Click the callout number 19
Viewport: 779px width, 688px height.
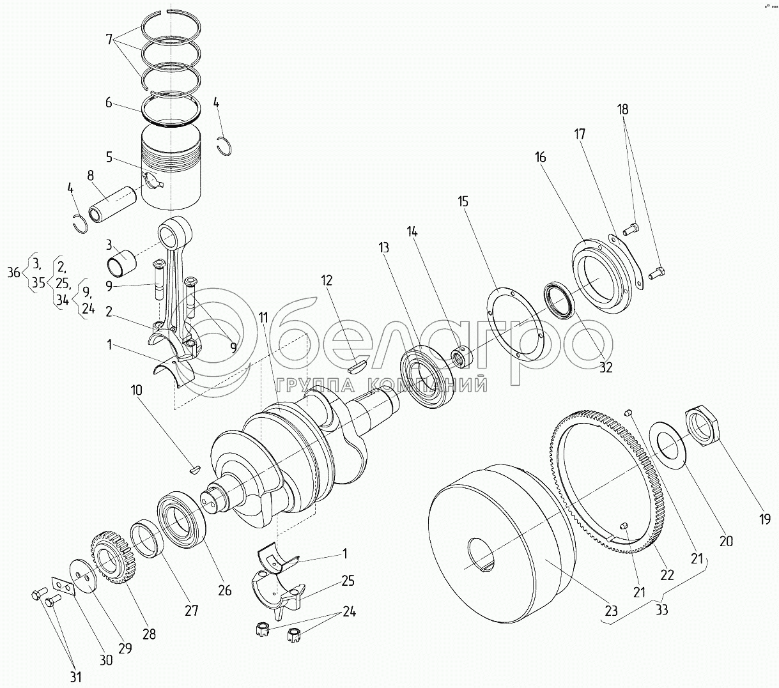(x=765, y=519)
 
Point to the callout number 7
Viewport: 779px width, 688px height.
(x=109, y=39)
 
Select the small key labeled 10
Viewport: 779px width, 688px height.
(x=196, y=470)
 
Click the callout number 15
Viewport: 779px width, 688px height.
(x=463, y=201)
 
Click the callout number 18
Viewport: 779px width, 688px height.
(x=622, y=109)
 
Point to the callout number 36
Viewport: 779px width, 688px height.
(x=13, y=273)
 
